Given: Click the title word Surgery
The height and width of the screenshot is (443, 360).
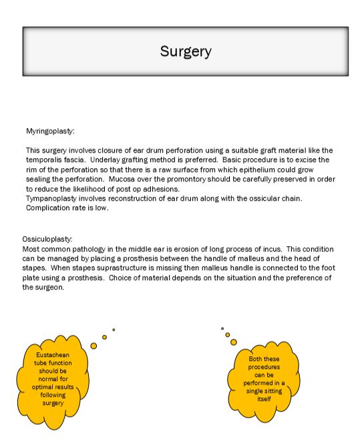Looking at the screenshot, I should coord(186,51).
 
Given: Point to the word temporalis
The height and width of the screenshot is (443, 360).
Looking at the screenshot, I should coord(45,160).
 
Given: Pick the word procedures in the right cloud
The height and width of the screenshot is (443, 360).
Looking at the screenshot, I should coord(264,367).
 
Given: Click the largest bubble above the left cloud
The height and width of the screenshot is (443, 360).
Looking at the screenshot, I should coord(94,346).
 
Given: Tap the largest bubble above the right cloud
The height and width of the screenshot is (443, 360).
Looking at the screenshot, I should coord(234,342).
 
